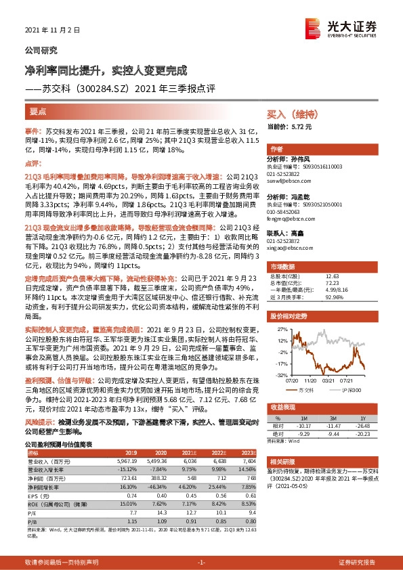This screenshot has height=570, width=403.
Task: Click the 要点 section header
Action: [x=38, y=112]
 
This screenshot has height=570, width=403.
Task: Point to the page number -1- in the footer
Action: [x=201, y=562]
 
